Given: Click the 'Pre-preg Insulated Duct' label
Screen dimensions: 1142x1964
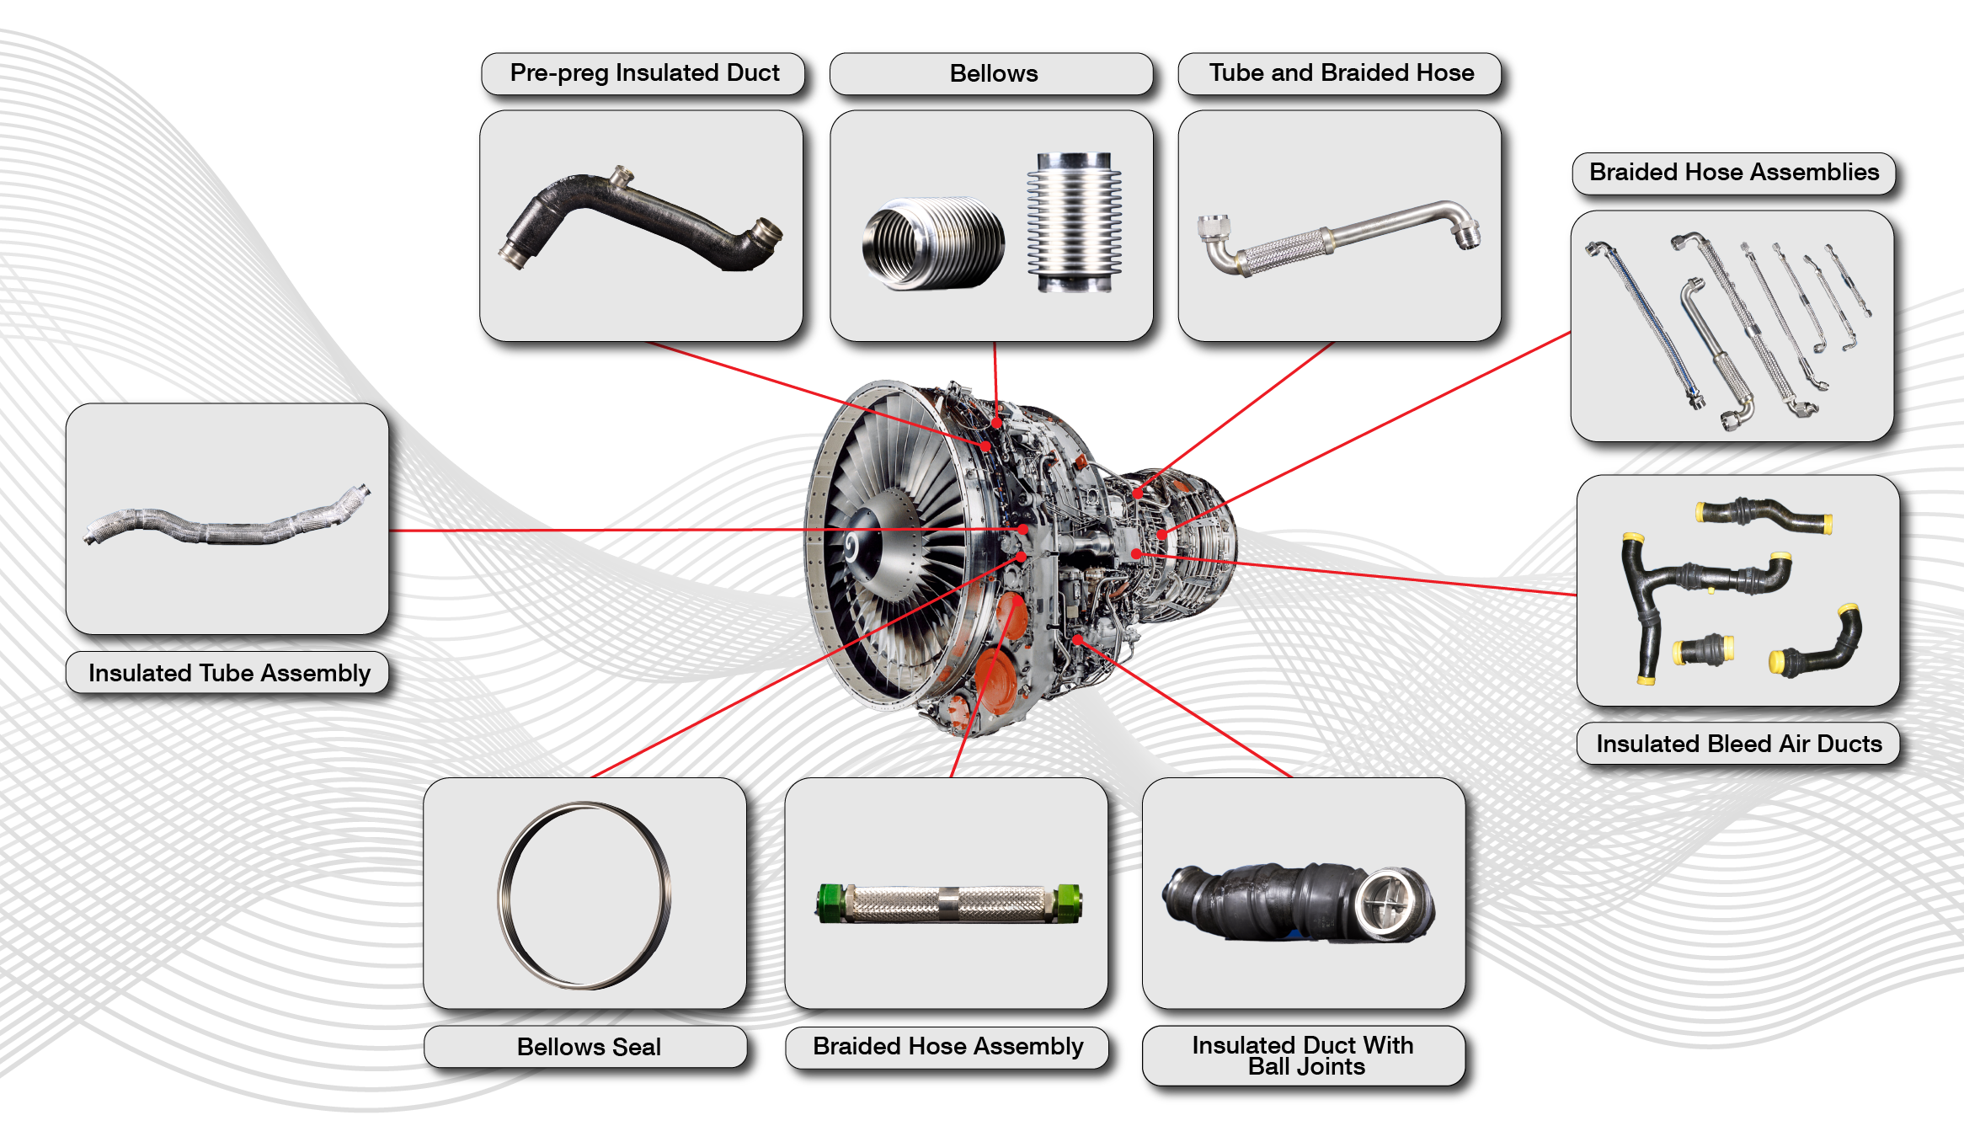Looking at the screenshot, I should coord(644,73).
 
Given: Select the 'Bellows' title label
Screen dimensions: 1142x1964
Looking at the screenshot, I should coord(993,73).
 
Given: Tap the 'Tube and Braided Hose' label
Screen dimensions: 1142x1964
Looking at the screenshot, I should coord(1341,73).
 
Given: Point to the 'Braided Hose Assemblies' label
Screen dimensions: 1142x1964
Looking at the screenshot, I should coord(1733,173).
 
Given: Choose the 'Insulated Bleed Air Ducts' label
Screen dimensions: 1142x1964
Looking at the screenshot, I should coord(1738,744).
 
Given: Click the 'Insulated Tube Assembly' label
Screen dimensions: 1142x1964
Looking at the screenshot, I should coord(229,673).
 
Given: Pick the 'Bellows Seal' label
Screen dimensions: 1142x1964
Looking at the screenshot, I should coord(588,1047).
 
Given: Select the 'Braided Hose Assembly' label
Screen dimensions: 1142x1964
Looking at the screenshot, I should coord(947,1046).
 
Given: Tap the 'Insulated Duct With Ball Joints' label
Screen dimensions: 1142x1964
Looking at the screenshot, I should coord(1303,1055).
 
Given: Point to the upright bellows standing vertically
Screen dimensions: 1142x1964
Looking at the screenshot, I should coord(1074,222).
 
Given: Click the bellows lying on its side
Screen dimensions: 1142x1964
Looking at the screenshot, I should coord(932,244).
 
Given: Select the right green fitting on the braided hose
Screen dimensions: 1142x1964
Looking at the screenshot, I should coord(1068,903).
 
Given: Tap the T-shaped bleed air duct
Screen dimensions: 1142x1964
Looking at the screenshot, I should coord(1693,590).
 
